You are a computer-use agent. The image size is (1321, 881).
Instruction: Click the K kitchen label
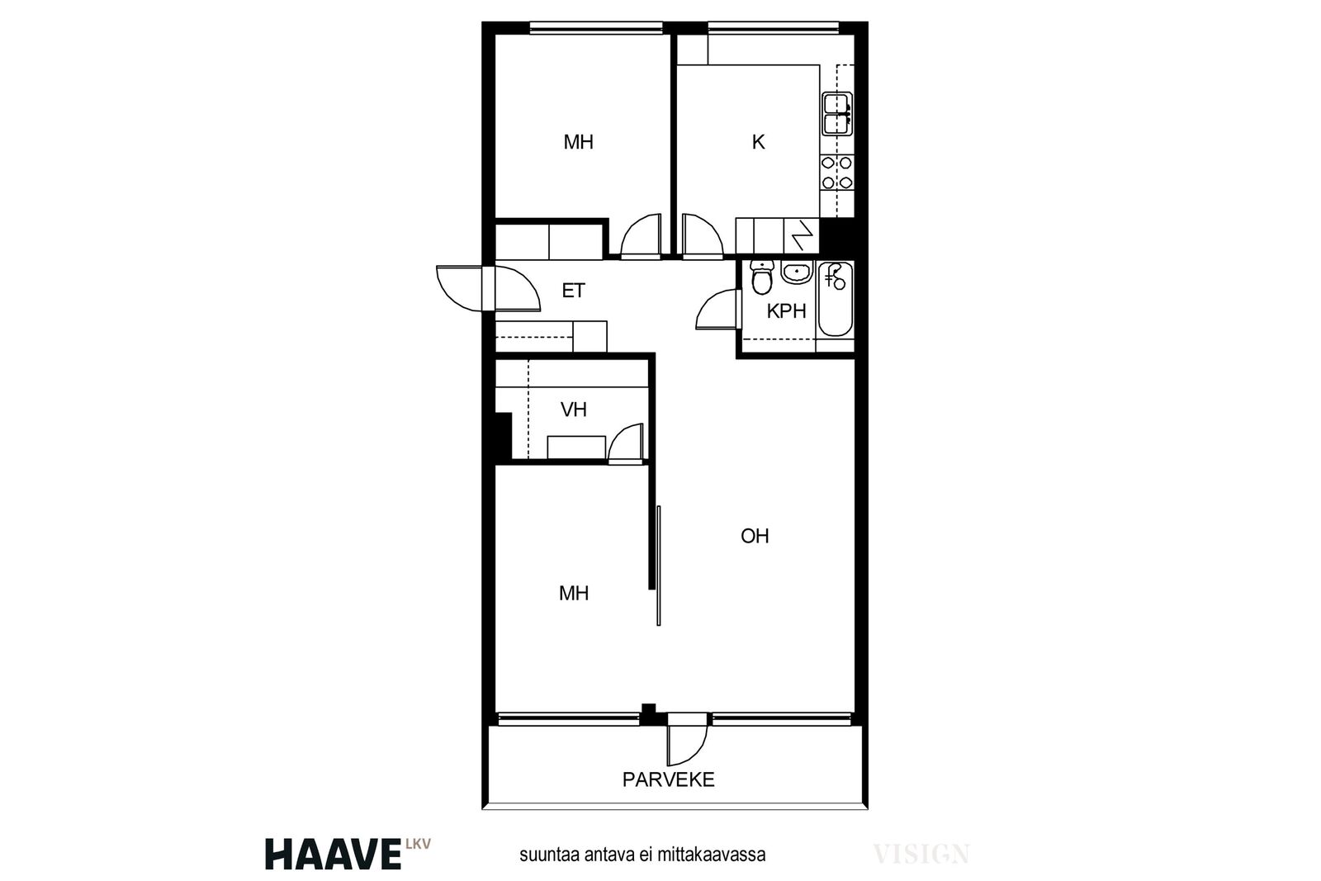[x=759, y=142]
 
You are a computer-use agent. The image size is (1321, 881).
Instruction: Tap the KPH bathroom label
[x=786, y=310]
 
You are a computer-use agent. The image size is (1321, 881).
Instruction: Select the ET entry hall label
[x=573, y=291]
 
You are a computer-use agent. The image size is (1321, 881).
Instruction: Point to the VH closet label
[x=574, y=410]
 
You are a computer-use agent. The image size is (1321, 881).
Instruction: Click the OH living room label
[x=755, y=535]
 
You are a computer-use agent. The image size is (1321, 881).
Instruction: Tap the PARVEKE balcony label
[x=668, y=779]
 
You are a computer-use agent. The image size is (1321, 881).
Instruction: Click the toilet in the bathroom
[x=762, y=279]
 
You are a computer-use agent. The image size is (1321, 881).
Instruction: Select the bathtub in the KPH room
[x=836, y=299]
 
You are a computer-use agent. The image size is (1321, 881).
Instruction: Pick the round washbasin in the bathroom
[x=797, y=272]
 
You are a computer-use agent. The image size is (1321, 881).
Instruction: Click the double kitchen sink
[x=837, y=114]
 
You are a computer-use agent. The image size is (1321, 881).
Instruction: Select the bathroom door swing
[x=717, y=309]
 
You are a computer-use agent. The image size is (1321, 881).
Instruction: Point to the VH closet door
[x=626, y=443]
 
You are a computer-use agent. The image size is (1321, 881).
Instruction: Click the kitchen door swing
[x=702, y=236]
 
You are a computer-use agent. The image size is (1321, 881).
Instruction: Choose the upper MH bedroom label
[x=578, y=142]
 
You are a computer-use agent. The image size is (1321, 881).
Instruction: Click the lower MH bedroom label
[x=573, y=593]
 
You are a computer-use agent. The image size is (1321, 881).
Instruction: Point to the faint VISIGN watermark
[x=921, y=854]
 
